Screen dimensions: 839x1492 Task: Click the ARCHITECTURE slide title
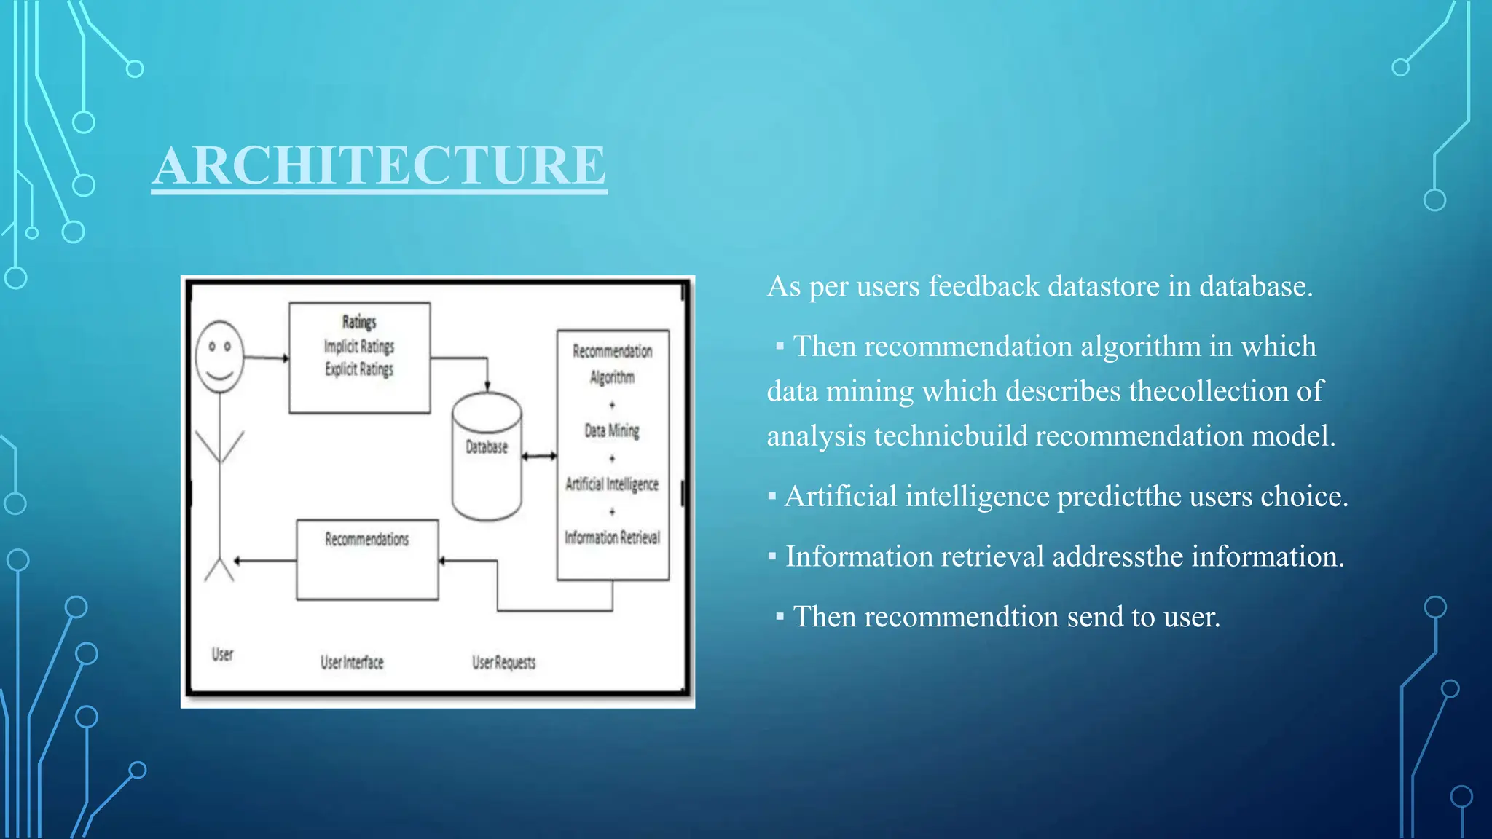click(x=379, y=165)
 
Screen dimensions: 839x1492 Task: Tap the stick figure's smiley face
click(x=219, y=356)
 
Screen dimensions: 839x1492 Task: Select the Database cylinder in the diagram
click(x=487, y=456)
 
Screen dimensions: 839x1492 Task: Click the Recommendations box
click(x=367, y=559)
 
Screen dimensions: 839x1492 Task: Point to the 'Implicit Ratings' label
click(x=359, y=346)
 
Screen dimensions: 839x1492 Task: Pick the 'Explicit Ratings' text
click(x=359, y=369)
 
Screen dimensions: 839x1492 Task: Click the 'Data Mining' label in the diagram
click(x=612, y=430)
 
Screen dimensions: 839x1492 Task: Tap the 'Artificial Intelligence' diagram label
click(x=612, y=484)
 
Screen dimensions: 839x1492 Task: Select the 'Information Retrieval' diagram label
click(x=612, y=537)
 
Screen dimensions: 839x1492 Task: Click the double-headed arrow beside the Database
click(x=539, y=456)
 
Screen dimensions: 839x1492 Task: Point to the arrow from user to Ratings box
click(x=266, y=358)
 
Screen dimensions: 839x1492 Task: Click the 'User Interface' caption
click(x=352, y=662)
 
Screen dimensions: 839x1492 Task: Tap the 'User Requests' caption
click(x=503, y=662)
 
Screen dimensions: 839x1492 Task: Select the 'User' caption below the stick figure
click(x=222, y=654)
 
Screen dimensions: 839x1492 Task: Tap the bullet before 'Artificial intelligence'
click(x=772, y=497)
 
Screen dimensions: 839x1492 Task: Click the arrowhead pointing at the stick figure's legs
click(x=238, y=560)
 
